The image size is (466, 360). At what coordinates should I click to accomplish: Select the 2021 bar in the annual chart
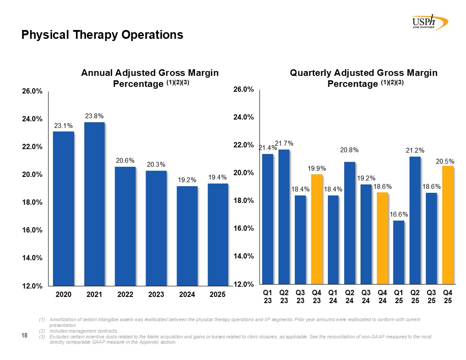94,203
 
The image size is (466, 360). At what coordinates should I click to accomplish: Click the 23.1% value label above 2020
64,126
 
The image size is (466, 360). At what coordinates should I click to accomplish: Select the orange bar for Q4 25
448,225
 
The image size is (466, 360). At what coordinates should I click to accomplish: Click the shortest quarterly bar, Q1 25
398,252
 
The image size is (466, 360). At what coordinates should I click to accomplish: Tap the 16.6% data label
399,214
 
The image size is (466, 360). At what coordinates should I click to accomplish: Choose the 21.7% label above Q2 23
284,143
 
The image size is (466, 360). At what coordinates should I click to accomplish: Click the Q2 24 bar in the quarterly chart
349,222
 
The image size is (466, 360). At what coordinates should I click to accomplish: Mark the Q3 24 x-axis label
366,296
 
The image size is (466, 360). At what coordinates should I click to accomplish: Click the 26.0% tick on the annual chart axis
33,91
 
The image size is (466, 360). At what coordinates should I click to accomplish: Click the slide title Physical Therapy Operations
102,35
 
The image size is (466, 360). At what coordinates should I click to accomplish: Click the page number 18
25,337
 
